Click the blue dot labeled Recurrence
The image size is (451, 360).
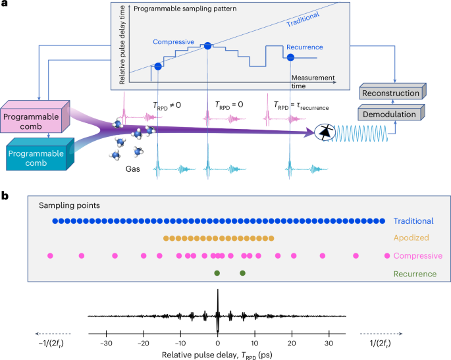(290, 57)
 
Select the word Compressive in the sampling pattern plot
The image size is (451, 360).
(173, 42)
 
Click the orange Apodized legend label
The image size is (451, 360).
(412, 238)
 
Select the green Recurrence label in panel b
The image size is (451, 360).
(415, 273)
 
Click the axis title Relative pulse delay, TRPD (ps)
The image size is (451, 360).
(217, 354)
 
